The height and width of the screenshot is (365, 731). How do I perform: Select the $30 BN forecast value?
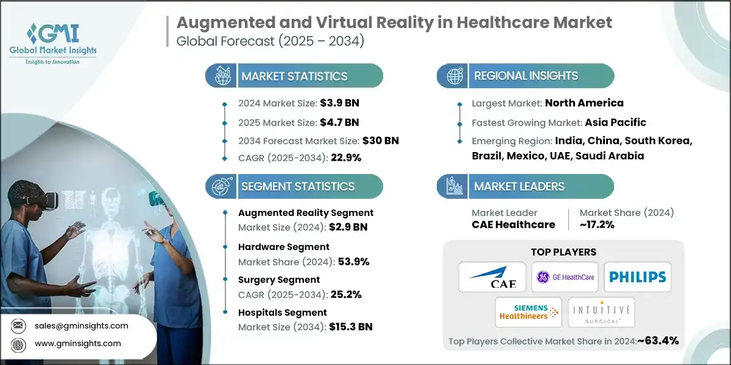381,140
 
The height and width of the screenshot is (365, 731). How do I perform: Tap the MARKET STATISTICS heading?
294,76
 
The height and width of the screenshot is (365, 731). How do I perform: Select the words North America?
584,103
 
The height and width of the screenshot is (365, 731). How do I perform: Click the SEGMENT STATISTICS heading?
298,186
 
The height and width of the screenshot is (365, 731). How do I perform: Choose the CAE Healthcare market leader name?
513,224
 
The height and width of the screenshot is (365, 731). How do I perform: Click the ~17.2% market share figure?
597,224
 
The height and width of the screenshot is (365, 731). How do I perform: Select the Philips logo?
637,277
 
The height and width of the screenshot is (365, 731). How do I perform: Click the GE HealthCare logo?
564,277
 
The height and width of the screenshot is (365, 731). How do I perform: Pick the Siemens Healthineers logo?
528,312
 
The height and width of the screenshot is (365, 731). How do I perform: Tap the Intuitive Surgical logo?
601,312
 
